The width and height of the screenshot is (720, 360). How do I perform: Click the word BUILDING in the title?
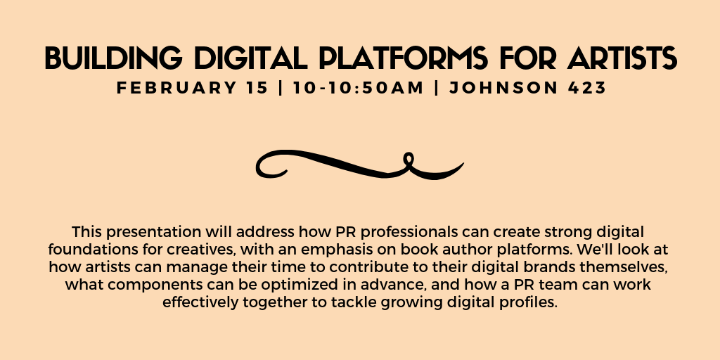coord(113,58)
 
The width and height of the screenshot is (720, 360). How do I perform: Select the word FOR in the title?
coord(528,58)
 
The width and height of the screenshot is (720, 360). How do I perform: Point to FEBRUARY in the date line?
coord(192,88)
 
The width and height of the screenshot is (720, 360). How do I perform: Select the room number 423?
coord(587,88)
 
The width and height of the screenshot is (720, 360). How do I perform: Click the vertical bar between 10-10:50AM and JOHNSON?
coord(436,88)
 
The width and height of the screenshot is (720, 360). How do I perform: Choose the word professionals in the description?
coord(411,231)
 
